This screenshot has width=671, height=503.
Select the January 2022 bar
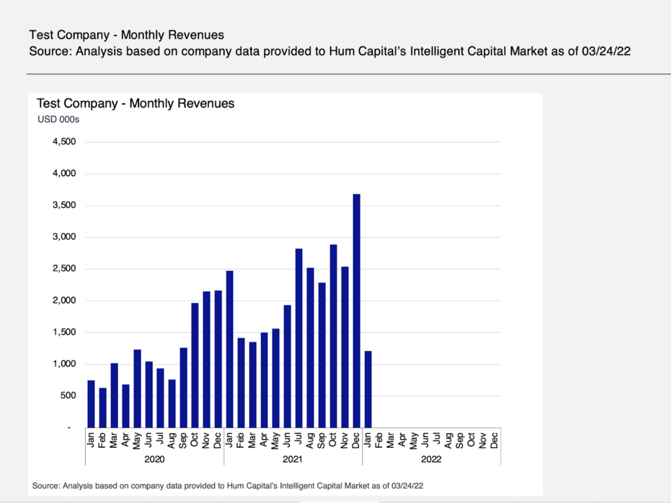pyautogui.click(x=368, y=390)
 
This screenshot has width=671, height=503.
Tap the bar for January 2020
pyautogui.click(x=91, y=404)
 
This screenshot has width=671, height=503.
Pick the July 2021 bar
pyautogui.click(x=299, y=338)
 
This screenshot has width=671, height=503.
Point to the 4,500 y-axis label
pyautogui.click(x=64, y=142)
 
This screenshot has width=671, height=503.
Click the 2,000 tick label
pyautogui.click(x=64, y=300)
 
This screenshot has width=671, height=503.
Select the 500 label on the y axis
pyautogui.click(x=68, y=395)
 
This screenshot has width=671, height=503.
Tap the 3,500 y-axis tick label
pyautogui.click(x=64, y=205)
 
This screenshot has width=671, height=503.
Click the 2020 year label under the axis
pyautogui.click(x=155, y=459)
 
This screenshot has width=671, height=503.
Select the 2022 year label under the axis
pyautogui.click(x=431, y=459)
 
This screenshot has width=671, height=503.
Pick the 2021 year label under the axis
pyautogui.click(x=293, y=459)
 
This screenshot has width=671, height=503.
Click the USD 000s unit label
pyautogui.click(x=58, y=119)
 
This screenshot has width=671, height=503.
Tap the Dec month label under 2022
pyautogui.click(x=495, y=439)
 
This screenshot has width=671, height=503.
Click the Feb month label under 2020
pyautogui.click(x=103, y=439)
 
